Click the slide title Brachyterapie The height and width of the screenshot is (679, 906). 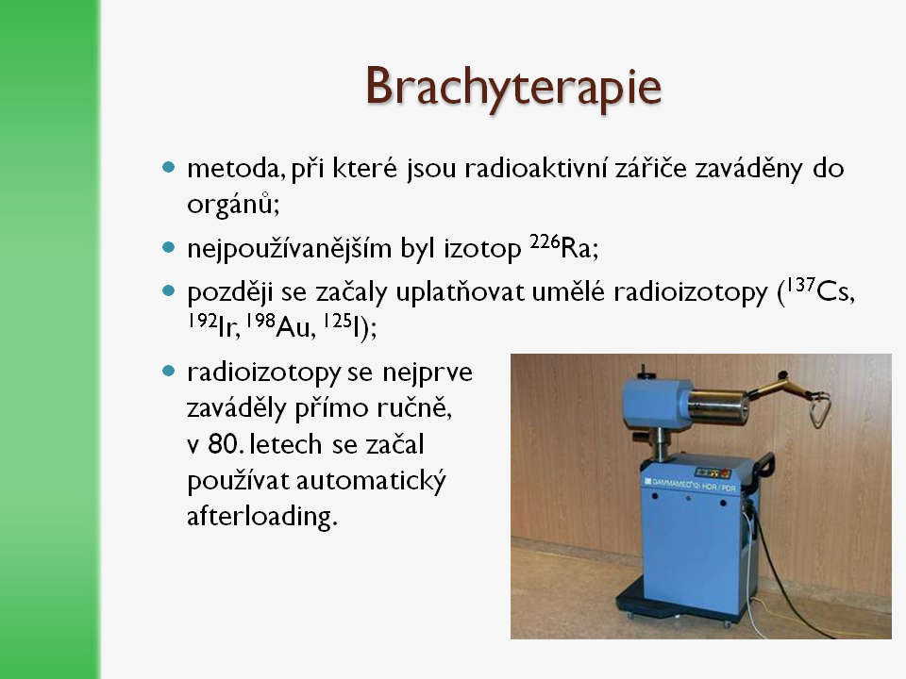(x=513, y=87)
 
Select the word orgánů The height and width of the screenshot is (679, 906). (x=233, y=204)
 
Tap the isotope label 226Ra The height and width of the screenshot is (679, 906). (x=564, y=246)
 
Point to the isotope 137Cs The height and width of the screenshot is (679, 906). (x=820, y=290)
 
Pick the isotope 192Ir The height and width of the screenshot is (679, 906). (x=213, y=325)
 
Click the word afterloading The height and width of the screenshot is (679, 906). (x=261, y=516)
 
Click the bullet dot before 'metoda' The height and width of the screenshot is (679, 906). (x=168, y=168)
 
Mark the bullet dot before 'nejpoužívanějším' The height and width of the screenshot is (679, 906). (x=168, y=248)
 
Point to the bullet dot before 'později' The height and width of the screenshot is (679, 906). (x=168, y=290)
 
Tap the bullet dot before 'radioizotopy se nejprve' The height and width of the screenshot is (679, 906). (x=168, y=371)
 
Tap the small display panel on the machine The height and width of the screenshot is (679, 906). (x=713, y=472)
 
